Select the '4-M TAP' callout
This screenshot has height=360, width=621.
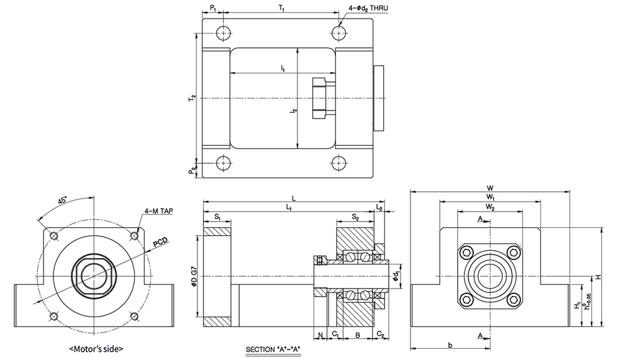pyautogui.click(x=158, y=211)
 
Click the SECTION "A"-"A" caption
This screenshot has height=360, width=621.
pyautogui.click(x=273, y=349)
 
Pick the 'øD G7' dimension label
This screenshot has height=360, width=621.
pyautogui.click(x=196, y=276)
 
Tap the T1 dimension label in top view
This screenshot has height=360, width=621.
pyautogui.click(x=282, y=9)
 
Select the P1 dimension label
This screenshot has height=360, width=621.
pyautogui.click(x=212, y=9)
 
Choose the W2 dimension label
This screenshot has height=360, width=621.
pyautogui.click(x=490, y=206)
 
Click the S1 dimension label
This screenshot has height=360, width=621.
pyautogui.click(x=217, y=218)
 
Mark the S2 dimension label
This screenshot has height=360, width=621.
pyautogui.click(x=355, y=218)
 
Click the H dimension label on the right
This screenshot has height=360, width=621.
pyautogui.click(x=597, y=277)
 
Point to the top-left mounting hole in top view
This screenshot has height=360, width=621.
pyautogui.click(x=223, y=32)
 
